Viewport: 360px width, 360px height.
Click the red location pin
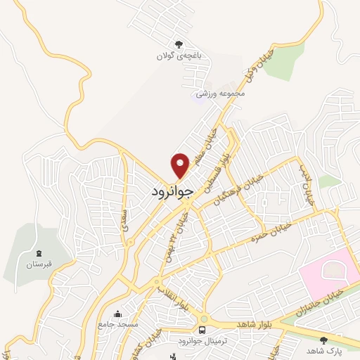click(x=181, y=165)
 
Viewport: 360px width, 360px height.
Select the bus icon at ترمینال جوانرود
click(x=202, y=329)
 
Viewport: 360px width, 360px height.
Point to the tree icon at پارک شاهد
click(x=323, y=340)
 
